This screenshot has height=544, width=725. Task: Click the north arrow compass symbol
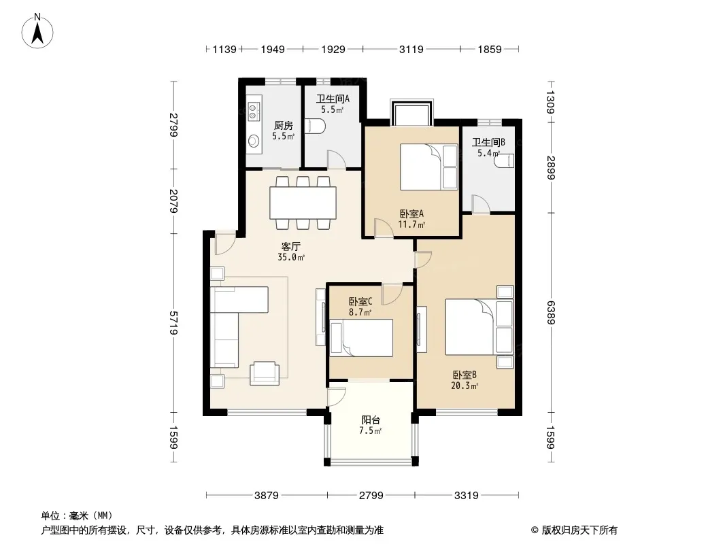(37, 31)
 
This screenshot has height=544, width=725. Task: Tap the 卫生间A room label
(333, 99)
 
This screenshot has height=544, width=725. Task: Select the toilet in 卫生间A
(317, 126)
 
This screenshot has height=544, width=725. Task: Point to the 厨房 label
(284, 125)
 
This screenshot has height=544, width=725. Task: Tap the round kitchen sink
(252, 141)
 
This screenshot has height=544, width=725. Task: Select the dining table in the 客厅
(303, 203)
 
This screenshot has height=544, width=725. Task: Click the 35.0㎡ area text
(291, 258)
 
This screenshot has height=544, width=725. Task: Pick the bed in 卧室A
(428, 167)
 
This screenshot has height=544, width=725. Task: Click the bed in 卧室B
(479, 327)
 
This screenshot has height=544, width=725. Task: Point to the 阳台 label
(371, 420)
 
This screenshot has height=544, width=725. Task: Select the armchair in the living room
(265, 373)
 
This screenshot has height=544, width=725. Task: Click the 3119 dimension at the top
(411, 49)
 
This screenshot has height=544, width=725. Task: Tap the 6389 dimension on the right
(550, 312)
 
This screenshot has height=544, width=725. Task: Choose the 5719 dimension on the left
(174, 322)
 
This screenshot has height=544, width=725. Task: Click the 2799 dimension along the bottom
(371, 496)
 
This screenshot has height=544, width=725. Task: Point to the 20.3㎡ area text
(465, 386)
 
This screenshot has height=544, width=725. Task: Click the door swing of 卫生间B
(479, 204)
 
